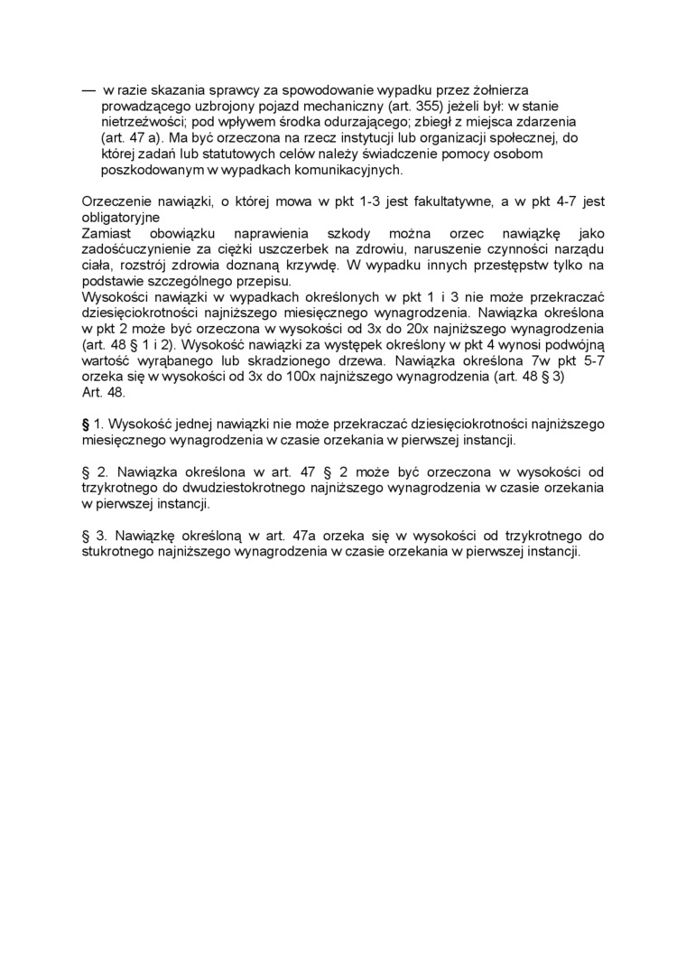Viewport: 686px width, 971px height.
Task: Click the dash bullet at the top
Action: (88, 90)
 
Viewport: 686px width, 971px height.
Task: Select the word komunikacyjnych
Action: (349, 169)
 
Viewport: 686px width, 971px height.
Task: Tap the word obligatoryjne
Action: (121, 218)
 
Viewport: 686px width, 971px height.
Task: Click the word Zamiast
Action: (107, 233)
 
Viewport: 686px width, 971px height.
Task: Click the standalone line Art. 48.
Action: (104, 393)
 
